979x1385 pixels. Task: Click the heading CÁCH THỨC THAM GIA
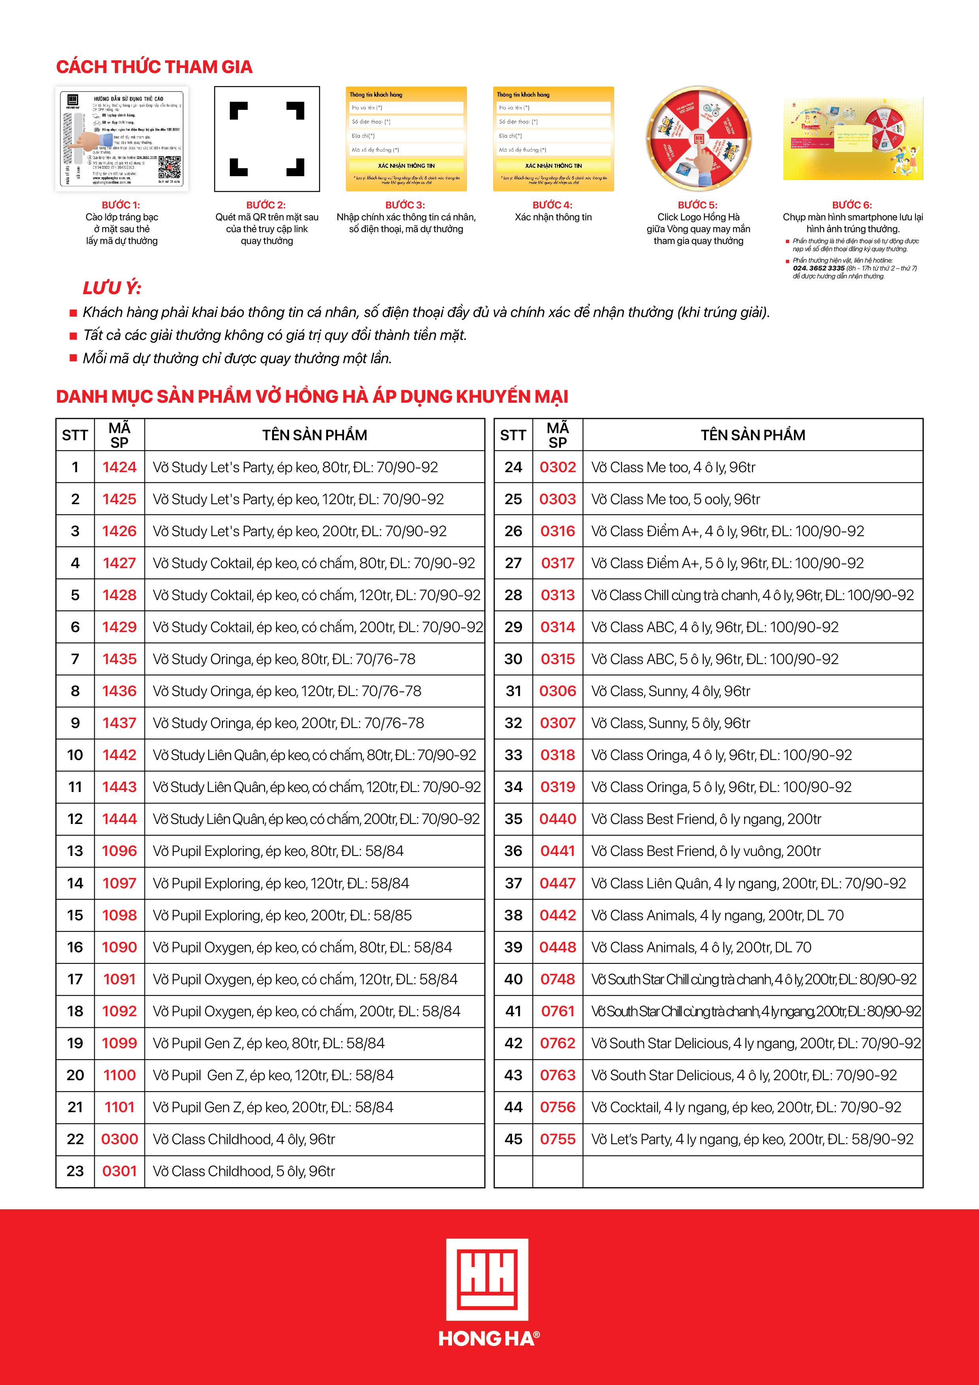(154, 67)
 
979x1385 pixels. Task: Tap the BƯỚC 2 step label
(266, 205)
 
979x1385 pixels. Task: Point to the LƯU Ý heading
(112, 288)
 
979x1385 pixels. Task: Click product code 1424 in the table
(120, 467)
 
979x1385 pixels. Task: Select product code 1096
(120, 851)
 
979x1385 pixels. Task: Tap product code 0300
(120, 1139)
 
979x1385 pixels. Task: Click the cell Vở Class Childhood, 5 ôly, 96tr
(244, 1171)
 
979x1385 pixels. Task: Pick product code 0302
(557, 467)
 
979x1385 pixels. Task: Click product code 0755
(557, 1139)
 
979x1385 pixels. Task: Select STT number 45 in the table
(513, 1139)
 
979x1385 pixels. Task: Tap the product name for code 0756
(746, 1107)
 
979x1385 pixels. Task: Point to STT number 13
(75, 851)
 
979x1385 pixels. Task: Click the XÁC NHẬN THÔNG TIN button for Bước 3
(406, 166)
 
